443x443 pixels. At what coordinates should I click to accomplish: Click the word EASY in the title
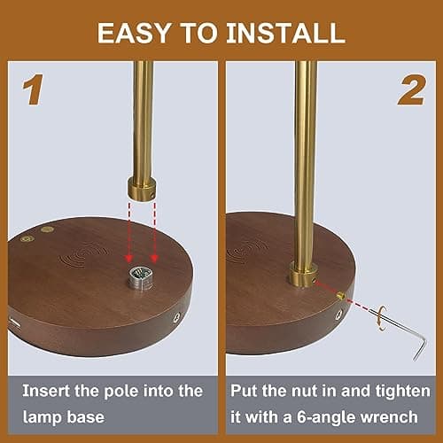click(135, 33)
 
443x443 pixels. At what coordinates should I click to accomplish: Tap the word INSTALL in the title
click(286, 33)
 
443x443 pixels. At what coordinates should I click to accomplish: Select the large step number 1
click(33, 89)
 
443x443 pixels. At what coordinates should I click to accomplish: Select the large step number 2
click(412, 89)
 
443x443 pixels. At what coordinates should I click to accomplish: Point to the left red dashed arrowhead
click(128, 258)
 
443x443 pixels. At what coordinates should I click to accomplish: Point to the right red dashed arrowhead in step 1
click(154, 258)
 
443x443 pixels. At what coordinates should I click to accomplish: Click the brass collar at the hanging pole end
click(142, 190)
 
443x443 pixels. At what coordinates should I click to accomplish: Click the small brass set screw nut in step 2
click(341, 295)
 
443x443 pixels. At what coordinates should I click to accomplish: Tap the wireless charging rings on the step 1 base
click(85, 253)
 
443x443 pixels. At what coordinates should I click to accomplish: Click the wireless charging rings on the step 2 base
click(247, 252)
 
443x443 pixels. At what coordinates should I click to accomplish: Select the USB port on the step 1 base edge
click(15, 323)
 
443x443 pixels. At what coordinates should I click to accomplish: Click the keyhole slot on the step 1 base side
click(177, 317)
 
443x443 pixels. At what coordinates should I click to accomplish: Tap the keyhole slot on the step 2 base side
click(339, 315)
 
